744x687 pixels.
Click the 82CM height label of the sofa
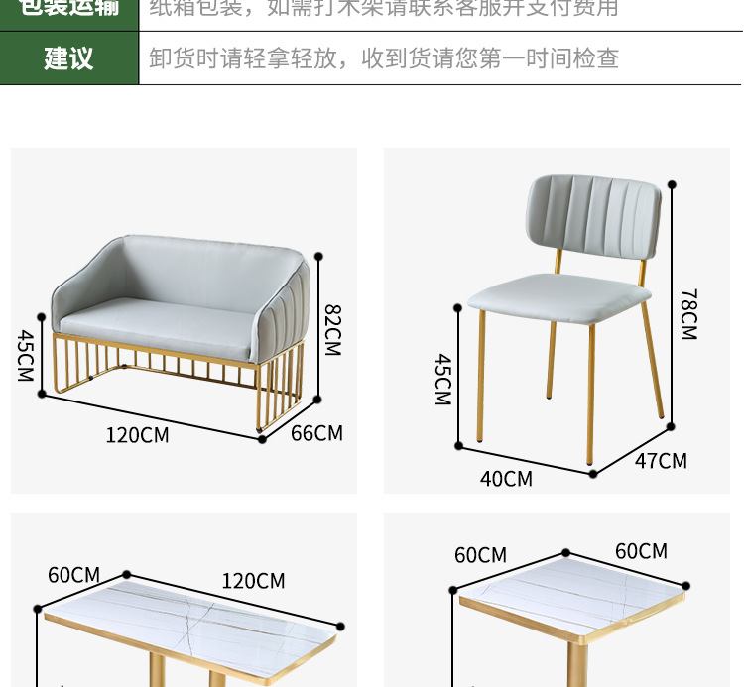pyautogui.click(x=332, y=330)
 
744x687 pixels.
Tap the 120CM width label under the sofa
pyautogui.click(x=137, y=435)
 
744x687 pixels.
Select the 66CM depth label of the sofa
pyautogui.click(x=316, y=433)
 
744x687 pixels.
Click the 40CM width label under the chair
pyautogui.click(x=506, y=479)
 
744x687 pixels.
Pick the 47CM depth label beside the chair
pyautogui.click(x=660, y=461)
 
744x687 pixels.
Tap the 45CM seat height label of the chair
pyautogui.click(x=442, y=380)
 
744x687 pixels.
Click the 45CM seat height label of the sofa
pyautogui.click(x=25, y=356)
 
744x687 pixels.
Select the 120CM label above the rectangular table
pyautogui.click(x=253, y=581)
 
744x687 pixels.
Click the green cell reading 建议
pyautogui.click(x=68, y=58)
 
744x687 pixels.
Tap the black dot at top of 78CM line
pyautogui.click(x=673, y=184)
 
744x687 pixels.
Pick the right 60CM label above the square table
pyautogui.click(x=641, y=551)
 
